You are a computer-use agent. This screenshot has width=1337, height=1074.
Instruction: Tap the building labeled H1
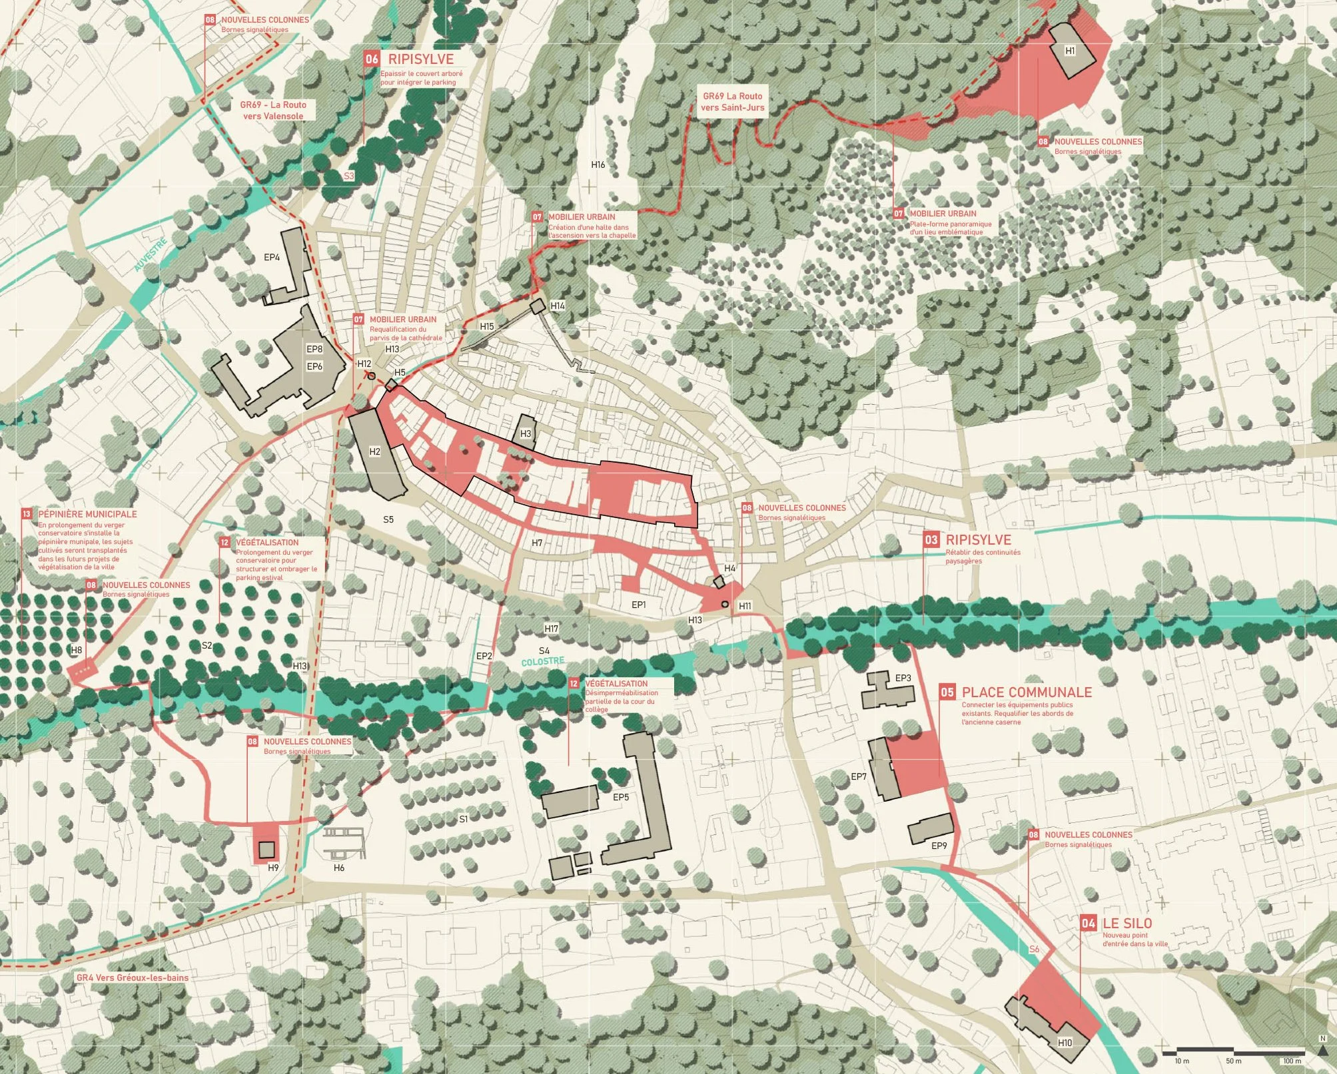pyautogui.click(x=1070, y=51)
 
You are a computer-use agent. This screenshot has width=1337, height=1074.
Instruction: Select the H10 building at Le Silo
pyautogui.click(x=1065, y=1042)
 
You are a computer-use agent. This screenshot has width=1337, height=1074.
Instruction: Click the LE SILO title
pyautogui.click(x=1126, y=923)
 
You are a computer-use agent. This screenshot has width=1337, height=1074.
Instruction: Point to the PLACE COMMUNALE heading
pyautogui.click(x=1026, y=692)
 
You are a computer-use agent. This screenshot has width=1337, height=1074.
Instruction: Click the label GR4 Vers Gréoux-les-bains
pyautogui.click(x=132, y=977)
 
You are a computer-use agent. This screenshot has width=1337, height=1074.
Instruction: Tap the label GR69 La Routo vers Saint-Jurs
pyautogui.click(x=732, y=101)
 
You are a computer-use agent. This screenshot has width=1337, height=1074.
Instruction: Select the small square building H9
pyautogui.click(x=266, y=850)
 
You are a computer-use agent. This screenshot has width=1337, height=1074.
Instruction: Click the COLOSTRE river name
pyautogui.click(x=542, y=662)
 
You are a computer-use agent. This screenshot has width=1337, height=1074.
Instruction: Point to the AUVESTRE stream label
pyautogui.click(x=150, y=255)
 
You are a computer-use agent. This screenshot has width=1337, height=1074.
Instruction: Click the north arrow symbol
pyautogui.click(x=1322, y=1049)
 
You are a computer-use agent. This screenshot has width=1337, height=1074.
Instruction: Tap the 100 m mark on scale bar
pyautogui.click(x=1292, y=1061)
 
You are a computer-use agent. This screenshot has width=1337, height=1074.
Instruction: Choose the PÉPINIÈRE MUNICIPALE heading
pyautogui.click(x=87, y=514)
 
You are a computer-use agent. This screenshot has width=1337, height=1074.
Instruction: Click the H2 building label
pyautogui.click(x=374, y=451)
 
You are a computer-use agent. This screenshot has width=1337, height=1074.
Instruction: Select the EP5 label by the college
pyautogui.click(x=620, y=797)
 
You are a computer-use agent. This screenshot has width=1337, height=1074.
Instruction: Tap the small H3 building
pyautogui.click(x=526, y=433)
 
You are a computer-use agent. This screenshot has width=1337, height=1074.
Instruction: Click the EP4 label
pyautogui.click(x=272, y=257)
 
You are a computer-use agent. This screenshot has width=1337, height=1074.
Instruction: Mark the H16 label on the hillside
pyautogui.click(x=598, y=164)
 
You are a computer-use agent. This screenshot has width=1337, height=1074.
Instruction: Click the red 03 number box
pyautogui.click(x=931, y=540)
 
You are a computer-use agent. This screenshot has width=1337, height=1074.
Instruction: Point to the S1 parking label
pyautogui.click(x=463, y=818)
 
